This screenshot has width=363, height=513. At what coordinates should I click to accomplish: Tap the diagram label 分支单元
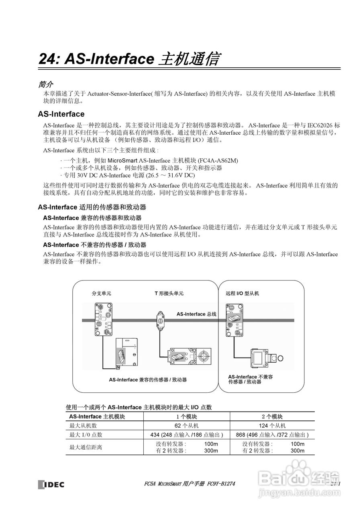[102, 293]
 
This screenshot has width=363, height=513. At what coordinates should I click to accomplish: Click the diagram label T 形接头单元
[169, 293]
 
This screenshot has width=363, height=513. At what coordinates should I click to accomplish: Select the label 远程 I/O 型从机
[242, 293]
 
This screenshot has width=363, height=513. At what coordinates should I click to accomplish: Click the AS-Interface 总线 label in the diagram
[196, 314]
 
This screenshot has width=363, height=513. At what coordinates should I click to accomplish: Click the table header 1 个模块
[187, 417]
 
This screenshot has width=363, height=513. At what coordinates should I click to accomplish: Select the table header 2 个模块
[272, 417]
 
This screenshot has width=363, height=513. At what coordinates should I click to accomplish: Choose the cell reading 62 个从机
[187, 426]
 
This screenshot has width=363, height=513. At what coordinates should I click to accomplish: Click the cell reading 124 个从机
[272, 426]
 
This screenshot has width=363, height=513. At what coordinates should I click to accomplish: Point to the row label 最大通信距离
[86, 447]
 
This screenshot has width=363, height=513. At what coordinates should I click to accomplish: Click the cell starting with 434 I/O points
[187, 435]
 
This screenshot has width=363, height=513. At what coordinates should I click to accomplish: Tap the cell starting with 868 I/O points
[272, 435]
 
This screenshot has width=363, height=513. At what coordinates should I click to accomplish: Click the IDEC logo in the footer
[51, 484]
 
